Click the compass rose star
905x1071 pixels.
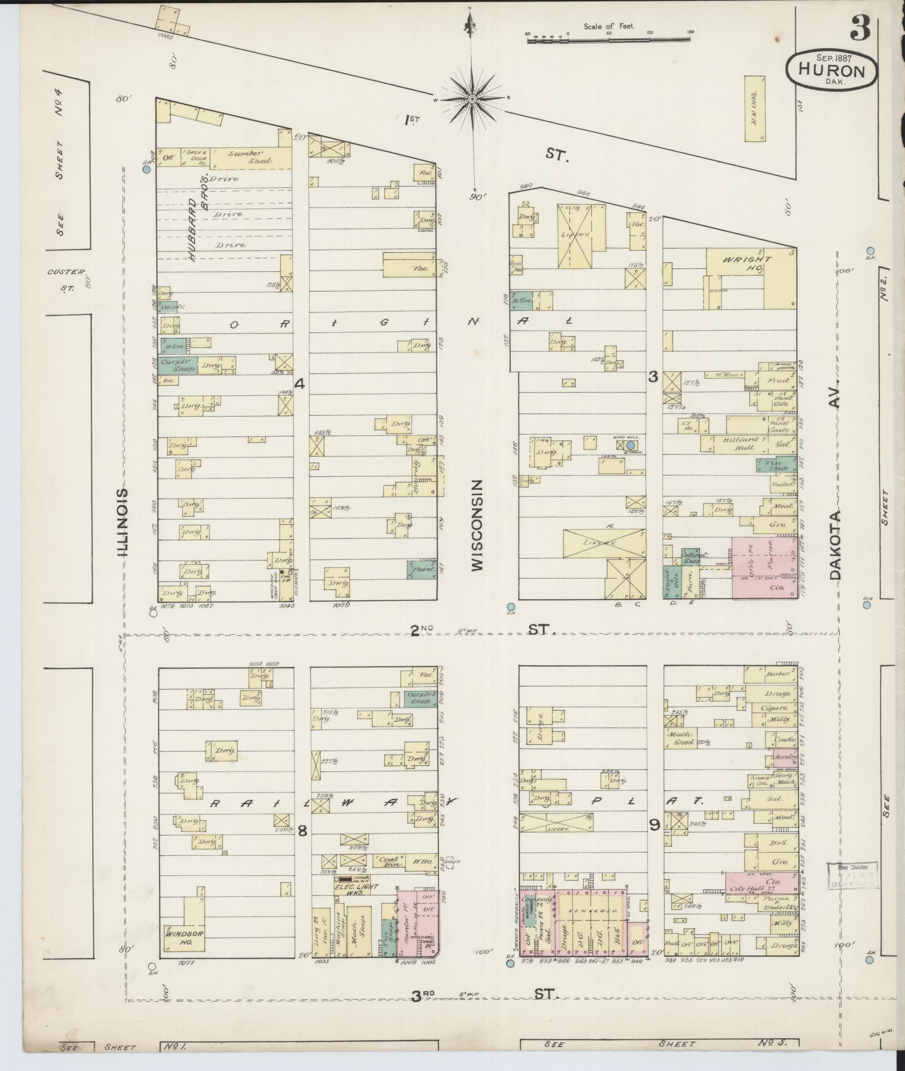472,99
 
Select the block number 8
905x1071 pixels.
302,831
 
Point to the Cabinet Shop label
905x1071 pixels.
691,557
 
